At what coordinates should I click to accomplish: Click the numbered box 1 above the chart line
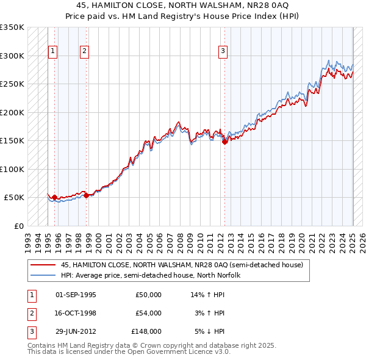tap(54, 52)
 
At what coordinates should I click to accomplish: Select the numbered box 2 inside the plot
tap(84, 52)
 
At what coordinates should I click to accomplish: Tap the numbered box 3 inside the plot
tap(223, 52)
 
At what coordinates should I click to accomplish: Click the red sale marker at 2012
tap(224, 142)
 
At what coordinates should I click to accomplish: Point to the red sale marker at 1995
tap(54, 198)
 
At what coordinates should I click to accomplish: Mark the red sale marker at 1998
tap(86, 195)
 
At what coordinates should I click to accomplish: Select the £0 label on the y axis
tap(18, 226)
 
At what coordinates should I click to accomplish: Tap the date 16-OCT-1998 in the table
tap(76, 313)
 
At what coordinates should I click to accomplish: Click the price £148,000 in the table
tap(146, 331)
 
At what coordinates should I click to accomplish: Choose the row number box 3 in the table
tap(30, 331)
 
